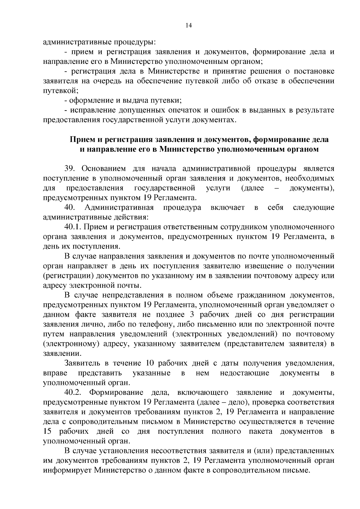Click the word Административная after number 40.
click(x=119, y=207)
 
